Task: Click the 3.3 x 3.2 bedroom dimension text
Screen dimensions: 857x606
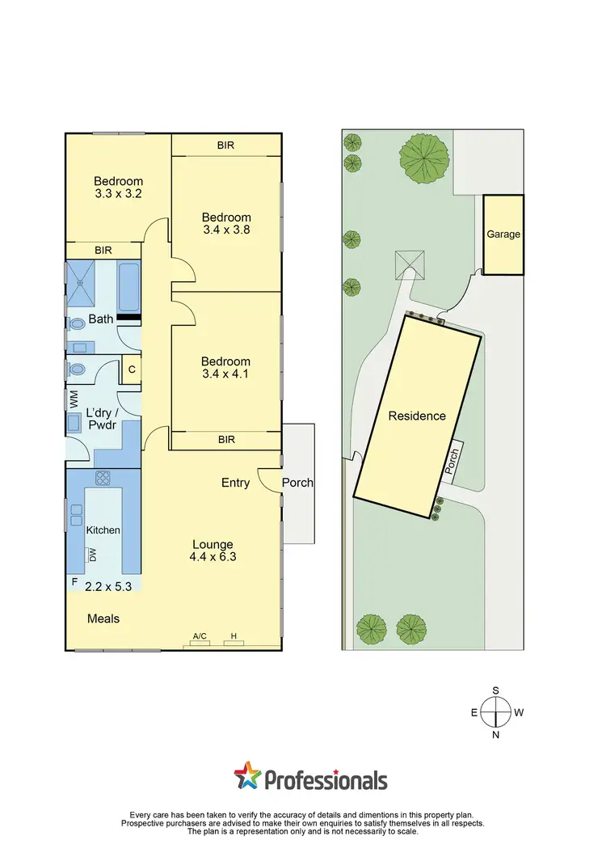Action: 118,194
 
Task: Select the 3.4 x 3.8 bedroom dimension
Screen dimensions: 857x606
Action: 226,230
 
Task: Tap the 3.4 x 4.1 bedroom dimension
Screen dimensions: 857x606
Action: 226,374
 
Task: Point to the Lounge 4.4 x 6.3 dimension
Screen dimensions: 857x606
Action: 213,556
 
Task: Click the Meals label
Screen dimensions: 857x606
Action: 103,618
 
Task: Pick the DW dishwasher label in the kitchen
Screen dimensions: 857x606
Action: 93,555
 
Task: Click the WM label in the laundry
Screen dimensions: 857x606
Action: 74,399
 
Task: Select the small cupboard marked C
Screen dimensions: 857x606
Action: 131,369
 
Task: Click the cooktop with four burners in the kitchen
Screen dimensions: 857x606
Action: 103,478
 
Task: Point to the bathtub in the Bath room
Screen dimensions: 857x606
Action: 128,286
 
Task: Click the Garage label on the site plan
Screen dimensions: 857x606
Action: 503,234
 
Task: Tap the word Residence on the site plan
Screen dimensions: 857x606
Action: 417,416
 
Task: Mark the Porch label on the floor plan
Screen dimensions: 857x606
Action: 297,483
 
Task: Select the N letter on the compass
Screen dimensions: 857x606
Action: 496,735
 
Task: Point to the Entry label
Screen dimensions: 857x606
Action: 235,483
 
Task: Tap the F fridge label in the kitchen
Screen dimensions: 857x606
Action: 74,581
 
